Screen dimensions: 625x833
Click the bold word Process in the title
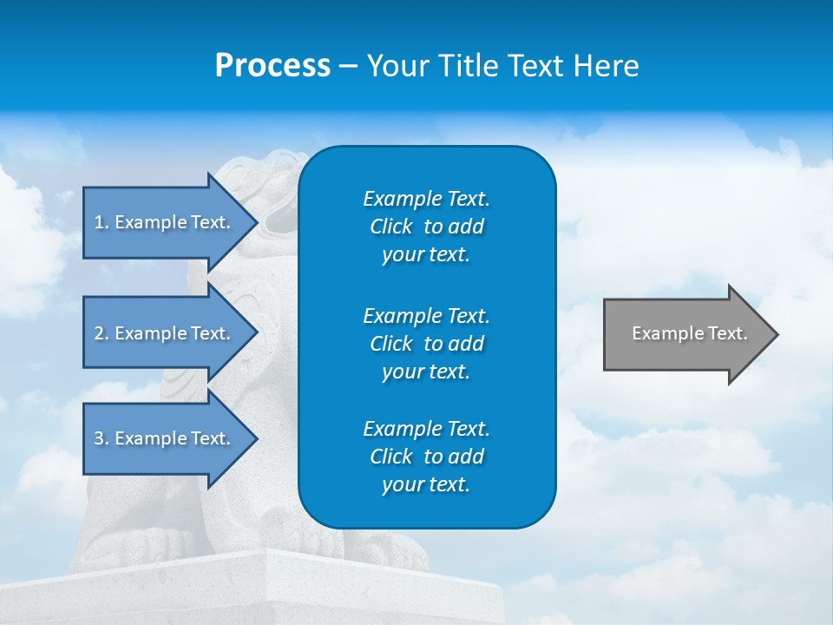point(272,66)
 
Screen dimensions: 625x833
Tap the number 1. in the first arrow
point(102,222)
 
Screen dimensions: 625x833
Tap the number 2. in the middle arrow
point(102,333)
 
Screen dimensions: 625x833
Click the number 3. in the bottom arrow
point(102,438)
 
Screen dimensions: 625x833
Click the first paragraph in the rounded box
point(426,227)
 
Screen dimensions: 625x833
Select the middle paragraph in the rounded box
point(426,344)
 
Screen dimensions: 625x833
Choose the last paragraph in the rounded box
point(426,457)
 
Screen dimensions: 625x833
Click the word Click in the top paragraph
point(391,227)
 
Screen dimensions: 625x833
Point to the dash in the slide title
point(348,67)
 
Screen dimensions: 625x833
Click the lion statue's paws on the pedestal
point(165,543)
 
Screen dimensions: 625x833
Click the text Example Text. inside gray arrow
point(690,333)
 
